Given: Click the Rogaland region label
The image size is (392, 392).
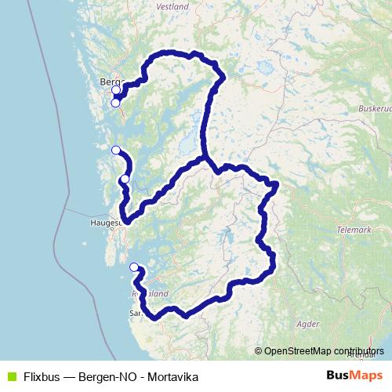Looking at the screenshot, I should pos(152,293).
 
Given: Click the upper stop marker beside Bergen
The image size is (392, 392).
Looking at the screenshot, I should pos(116,90).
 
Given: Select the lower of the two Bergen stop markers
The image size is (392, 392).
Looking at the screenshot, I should pos(115,102).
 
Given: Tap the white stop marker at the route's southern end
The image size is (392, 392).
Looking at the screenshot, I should pos(134,267).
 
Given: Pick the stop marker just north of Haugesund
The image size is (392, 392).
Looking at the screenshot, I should pos(125,180).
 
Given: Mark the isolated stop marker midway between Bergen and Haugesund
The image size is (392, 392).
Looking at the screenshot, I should pos(116,150).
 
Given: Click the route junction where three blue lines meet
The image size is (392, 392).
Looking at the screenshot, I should pos(208,161).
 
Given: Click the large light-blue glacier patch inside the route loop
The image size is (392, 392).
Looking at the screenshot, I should pos(188,143).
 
